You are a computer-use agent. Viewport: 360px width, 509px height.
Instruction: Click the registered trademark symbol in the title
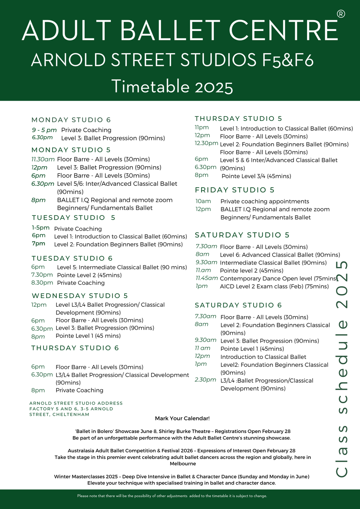341,14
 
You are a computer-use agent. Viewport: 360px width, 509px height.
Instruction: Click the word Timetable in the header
150,87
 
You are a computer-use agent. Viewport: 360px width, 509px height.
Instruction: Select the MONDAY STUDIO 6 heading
71,120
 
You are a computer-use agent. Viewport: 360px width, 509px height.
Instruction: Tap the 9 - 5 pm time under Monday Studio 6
44,130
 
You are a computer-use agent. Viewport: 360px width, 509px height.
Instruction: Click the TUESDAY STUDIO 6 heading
72,258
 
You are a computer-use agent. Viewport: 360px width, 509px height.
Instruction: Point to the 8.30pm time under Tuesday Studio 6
42,283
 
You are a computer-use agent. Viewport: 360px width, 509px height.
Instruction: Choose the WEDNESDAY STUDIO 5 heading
80,296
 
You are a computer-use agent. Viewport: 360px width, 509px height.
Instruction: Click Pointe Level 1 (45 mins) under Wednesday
88,336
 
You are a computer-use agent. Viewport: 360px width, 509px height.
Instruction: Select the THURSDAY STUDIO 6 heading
75,348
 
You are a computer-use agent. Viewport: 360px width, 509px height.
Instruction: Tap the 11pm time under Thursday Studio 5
202,127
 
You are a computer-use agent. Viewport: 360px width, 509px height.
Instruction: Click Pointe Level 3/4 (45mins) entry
256,176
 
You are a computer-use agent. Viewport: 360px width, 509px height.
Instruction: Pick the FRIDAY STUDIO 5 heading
234,190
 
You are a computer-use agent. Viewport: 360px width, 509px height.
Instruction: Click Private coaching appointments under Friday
265,201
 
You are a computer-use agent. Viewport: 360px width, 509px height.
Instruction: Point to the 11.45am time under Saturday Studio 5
207,278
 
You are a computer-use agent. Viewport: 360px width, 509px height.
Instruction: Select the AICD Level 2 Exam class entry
274,287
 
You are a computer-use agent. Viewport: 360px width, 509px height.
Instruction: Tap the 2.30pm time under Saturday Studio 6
205,380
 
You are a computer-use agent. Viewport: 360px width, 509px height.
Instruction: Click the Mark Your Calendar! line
182,418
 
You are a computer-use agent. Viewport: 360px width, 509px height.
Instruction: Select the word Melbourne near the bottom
183,464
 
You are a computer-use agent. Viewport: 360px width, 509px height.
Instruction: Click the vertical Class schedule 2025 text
342,369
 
